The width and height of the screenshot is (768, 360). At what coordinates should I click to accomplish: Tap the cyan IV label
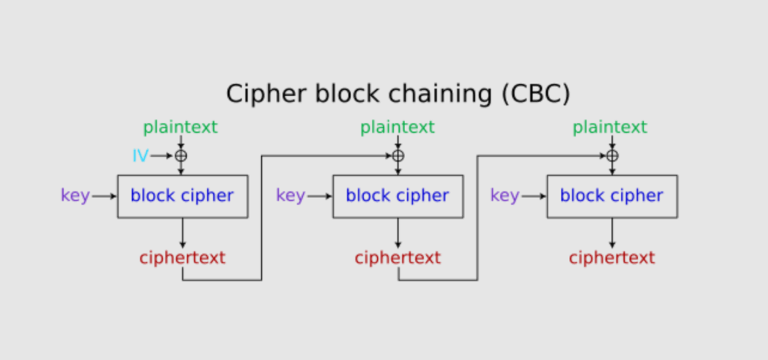coord(140,156)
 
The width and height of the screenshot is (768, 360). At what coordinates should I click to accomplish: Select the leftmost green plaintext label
coord(180,127)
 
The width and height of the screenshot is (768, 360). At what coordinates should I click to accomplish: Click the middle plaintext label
coord(397,127)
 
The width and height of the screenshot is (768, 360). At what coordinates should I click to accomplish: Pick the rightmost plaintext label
coord(610,127)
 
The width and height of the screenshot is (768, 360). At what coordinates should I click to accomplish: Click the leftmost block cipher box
coord(182,196)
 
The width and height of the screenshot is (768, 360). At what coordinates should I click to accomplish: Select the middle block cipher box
coord(397,196)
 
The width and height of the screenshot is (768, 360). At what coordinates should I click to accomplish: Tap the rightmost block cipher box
coord(612,196)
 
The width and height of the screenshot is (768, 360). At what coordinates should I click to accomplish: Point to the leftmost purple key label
coord(75,196)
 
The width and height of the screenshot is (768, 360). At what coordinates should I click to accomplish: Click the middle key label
coord(290,196)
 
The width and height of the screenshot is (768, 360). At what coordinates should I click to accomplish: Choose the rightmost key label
coord(505,196)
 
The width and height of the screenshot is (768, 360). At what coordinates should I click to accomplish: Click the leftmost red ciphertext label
coord(182,258)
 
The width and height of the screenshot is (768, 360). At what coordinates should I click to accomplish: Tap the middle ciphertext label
coord(397,258)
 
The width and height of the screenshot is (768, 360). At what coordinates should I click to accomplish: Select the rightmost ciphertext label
coord(612,258)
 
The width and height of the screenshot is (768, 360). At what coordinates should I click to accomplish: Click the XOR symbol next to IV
coord(181,156)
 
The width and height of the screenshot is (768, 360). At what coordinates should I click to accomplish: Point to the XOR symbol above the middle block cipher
coord(397,156)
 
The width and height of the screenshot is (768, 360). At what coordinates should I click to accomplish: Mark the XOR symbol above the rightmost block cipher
coord(612,156)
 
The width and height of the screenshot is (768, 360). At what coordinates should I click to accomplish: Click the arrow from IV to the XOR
coord(162,156)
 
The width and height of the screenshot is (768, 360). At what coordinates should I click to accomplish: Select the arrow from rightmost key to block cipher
coord(533,196)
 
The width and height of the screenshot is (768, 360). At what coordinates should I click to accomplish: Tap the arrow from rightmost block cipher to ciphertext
coord(612,233)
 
